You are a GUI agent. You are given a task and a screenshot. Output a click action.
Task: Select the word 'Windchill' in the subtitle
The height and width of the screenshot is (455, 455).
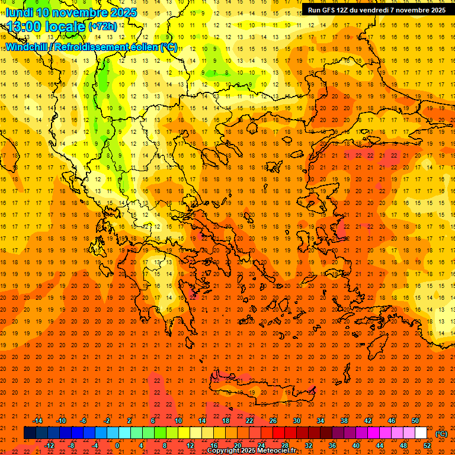point(26,47)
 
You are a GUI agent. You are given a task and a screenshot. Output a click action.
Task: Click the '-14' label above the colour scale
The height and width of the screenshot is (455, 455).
point(38,421)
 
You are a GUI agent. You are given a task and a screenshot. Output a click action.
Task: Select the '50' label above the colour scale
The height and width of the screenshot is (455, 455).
point(415,421)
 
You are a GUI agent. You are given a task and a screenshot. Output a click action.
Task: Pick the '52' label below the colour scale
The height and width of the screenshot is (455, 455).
point(427,446)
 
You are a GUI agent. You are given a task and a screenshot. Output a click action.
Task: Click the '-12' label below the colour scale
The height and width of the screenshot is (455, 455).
point(50,446)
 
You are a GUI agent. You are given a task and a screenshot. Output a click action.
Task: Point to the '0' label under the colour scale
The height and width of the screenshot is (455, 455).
point(117,446)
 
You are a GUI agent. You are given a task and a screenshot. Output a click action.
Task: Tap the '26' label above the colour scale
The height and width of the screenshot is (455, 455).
point(273,421)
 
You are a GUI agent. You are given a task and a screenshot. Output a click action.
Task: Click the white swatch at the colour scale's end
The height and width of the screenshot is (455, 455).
point(421,433)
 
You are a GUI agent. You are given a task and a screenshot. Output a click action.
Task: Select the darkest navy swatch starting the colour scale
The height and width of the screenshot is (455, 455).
point(30,433)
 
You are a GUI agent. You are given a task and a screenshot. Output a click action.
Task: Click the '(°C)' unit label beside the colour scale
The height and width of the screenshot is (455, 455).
point(441,434)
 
